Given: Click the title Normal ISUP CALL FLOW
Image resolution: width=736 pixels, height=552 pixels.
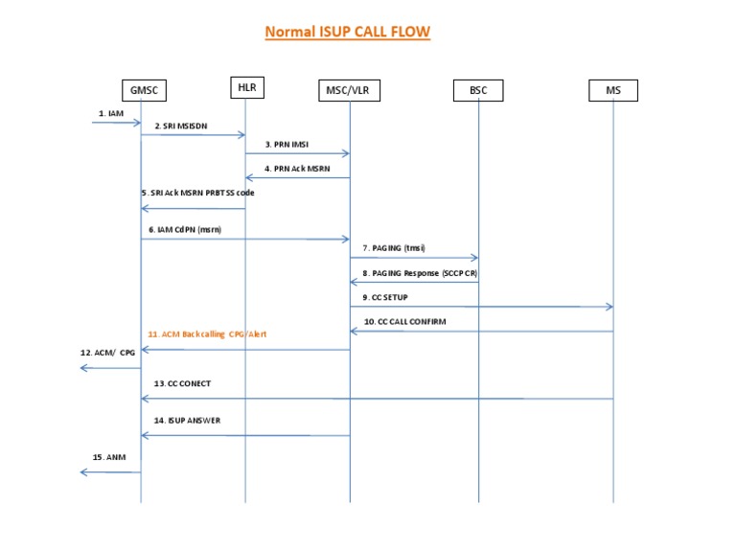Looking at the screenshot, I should pyautogui.click(x=347, y=32).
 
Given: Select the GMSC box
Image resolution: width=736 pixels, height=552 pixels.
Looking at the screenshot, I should pyautogui.click(x=143, y=90).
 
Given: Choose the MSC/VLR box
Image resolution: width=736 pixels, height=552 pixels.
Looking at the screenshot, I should pyautogui.click(x=350, y=90).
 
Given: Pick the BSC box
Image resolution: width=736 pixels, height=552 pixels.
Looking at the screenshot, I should pyautogui.click(x=478, y=90).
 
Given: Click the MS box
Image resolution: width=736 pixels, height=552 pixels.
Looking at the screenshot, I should pyautogui.click(x=613, y=90).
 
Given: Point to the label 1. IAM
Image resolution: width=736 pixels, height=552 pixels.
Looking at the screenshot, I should pyautogui.click(x=110, y=113).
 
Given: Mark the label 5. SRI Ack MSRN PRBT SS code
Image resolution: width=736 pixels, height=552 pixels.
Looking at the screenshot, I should pyautogui.click(x=196, y=192).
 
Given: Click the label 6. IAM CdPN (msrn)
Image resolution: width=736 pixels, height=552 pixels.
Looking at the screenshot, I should pyautogui.click(x=184, y=229).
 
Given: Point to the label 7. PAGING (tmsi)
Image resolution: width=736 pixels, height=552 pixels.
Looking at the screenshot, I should pyautogui.click(x=395, y=248).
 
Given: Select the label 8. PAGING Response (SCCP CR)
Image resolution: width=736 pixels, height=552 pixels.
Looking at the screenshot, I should pyautogui.click(x=420, y=273).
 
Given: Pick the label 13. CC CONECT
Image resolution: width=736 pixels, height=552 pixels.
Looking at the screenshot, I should pyautogui.click(x=182, y=382).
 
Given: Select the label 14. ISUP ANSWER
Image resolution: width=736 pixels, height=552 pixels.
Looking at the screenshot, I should pyautogui.click(x=188, y=421).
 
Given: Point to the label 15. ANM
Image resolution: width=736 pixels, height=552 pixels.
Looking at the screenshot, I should pyautogui.click(x=109, y=457).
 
